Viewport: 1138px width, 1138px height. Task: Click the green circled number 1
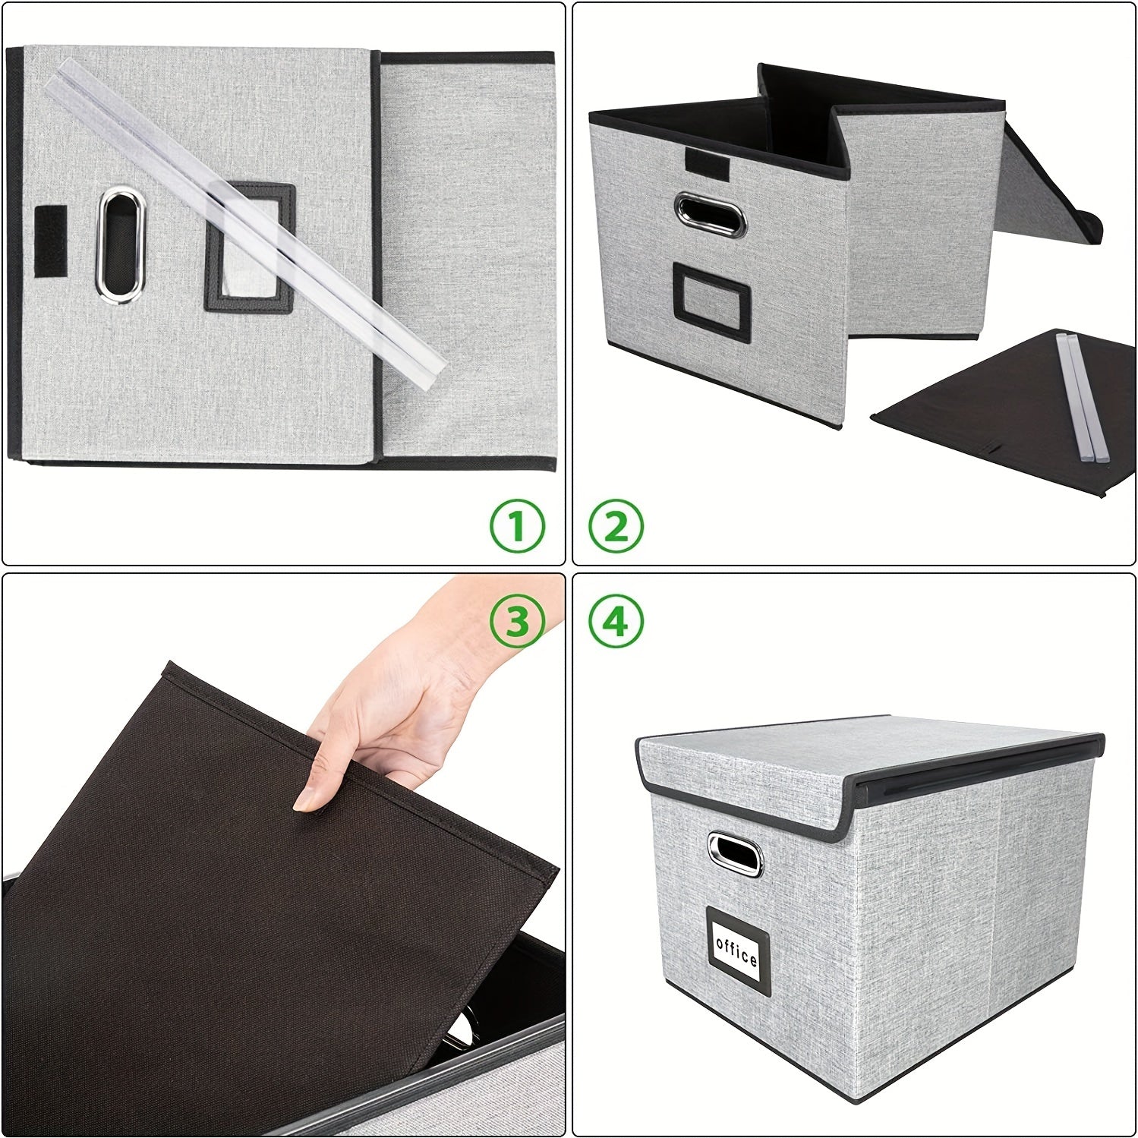(x=517, y=526)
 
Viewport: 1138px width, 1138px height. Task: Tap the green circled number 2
(x=616, y=526)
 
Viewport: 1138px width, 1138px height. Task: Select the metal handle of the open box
(x=711, y=214)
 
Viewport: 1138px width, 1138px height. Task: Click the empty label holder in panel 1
(x=249, y=247)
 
